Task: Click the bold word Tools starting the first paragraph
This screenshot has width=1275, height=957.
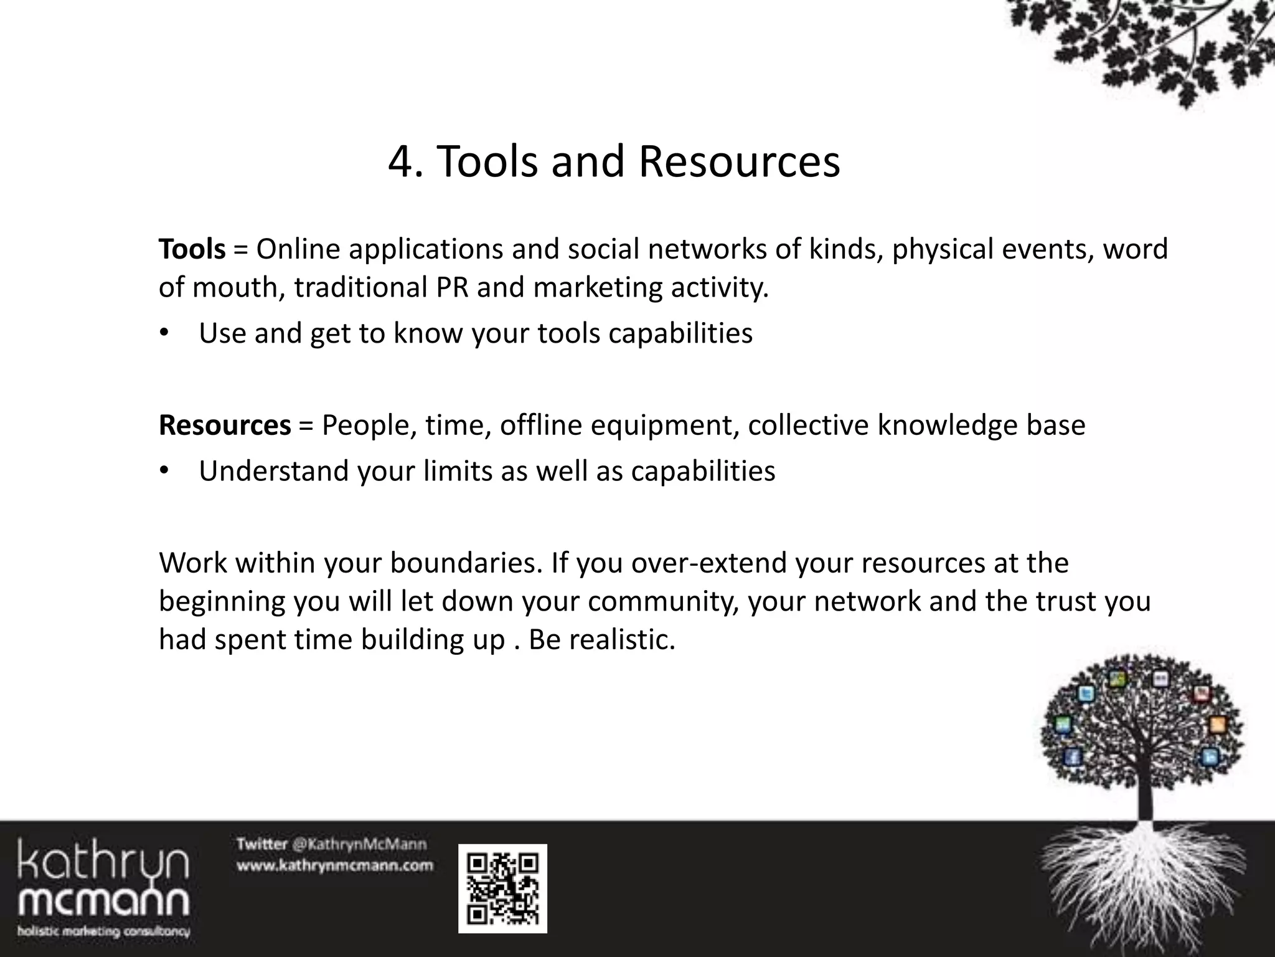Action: coord(192,249)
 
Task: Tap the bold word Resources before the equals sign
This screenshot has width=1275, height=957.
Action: coord(225,426)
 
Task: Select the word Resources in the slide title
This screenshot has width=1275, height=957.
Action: coord(739,162)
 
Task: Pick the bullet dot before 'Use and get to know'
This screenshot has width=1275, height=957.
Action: coord(164,333)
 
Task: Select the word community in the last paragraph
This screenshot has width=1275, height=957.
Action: coord(662,601)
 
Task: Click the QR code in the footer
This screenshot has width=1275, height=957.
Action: coord(502,888)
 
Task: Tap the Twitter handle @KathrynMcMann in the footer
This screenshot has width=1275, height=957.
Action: coord(359,845)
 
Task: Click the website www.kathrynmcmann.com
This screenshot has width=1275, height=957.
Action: coord(334,865)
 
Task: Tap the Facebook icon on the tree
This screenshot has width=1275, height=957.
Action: coord(1071,757)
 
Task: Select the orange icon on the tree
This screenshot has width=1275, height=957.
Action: coord(1218,725)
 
